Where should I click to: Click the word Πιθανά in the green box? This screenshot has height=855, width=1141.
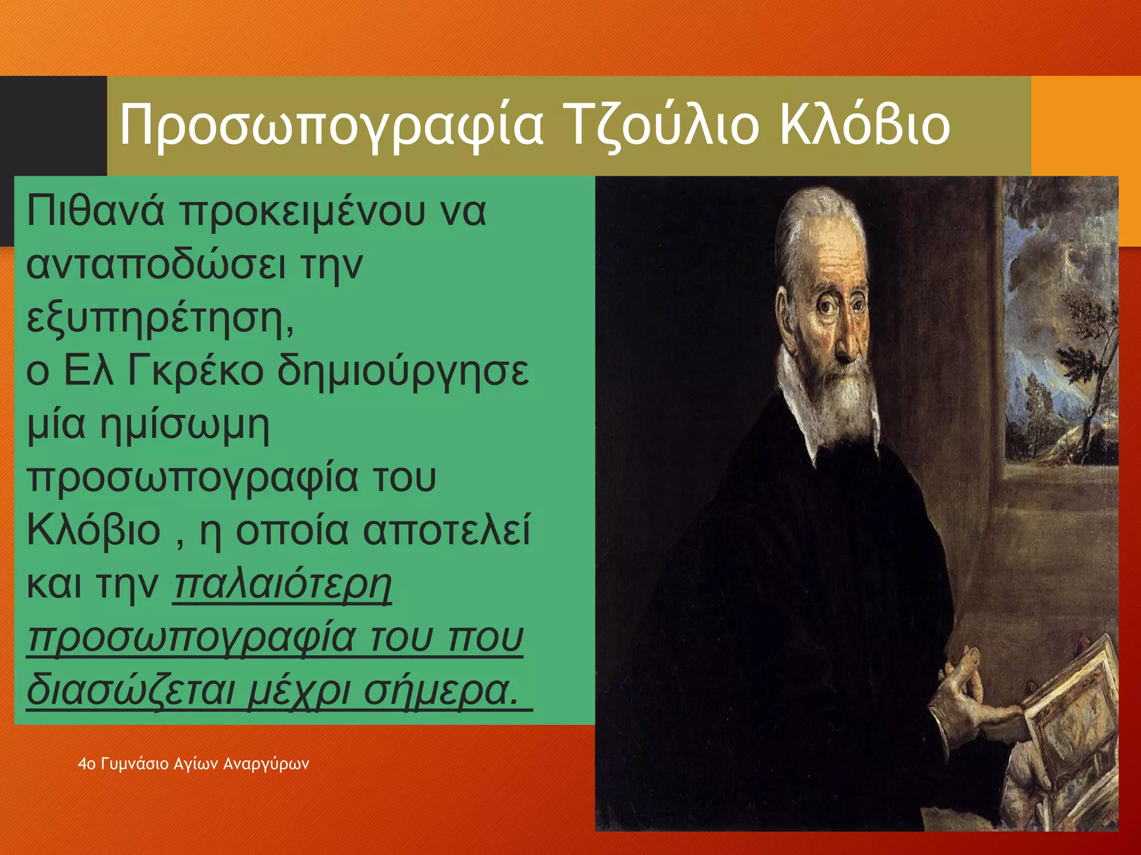point(95,212)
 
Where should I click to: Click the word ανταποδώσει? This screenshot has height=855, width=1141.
point(156,266)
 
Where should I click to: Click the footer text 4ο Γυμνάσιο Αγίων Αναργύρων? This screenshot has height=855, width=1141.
point(193,764)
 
